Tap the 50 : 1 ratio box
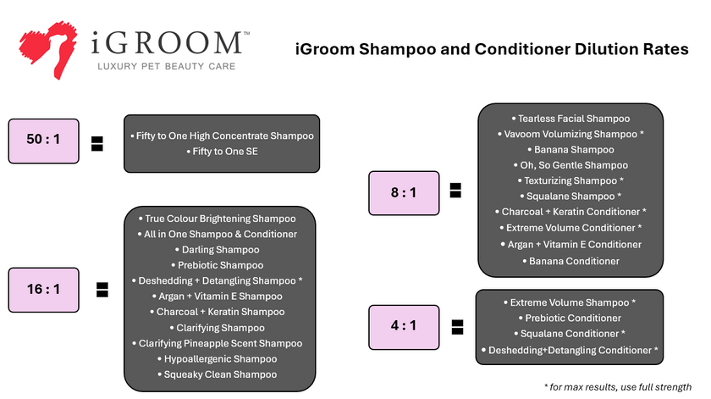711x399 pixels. tap(43, 141)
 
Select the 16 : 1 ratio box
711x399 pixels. tap(43, 290)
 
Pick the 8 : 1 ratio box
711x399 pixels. tap(403, 192)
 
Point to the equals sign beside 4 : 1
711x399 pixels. tap(456, 326)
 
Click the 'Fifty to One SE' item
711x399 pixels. tap(221, 152)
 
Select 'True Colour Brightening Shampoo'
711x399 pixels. tap(220, 218)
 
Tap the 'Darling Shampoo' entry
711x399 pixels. tap(220, 249)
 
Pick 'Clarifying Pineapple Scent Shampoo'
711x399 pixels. tap(220, 343)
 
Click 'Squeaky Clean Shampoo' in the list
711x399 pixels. tap(220, 374)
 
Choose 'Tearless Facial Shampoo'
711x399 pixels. tap(574, 119)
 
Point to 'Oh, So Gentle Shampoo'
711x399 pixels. tap(574, 165)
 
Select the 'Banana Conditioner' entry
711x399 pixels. tap(574, 260)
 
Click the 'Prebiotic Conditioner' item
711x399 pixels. tap(573, 318)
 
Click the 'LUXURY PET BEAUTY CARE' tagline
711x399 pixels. tap(166, 66)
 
